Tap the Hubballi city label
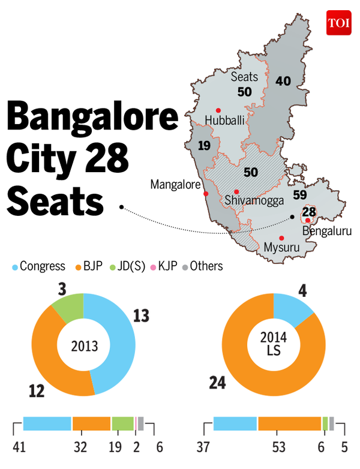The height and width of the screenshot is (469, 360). [x=225, y=121]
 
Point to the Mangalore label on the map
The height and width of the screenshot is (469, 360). [x=175, y=185]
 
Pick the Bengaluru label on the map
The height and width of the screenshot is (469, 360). [x=327, y=231]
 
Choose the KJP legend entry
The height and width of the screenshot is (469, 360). [x=164, y=266]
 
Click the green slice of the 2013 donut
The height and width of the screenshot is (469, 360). [x=69, y=306]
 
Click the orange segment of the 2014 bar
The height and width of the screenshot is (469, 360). [x=290, y=423]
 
